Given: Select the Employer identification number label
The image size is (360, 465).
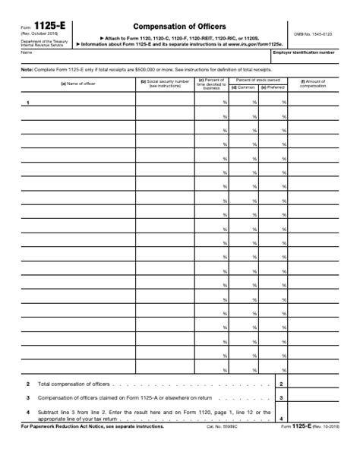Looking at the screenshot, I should [314, 52].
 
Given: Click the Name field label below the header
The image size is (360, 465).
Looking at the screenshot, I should [26, 52].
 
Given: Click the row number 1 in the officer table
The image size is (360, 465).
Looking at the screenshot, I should [28, 102].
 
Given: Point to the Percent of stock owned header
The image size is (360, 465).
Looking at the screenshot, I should [258, 79].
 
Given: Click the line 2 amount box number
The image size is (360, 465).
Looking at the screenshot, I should [281, 384].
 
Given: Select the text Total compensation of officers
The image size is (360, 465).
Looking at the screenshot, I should [71, 384].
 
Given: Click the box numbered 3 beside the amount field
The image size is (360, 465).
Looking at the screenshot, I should [281, 397].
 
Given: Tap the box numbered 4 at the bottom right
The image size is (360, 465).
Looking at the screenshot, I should [281, 419].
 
